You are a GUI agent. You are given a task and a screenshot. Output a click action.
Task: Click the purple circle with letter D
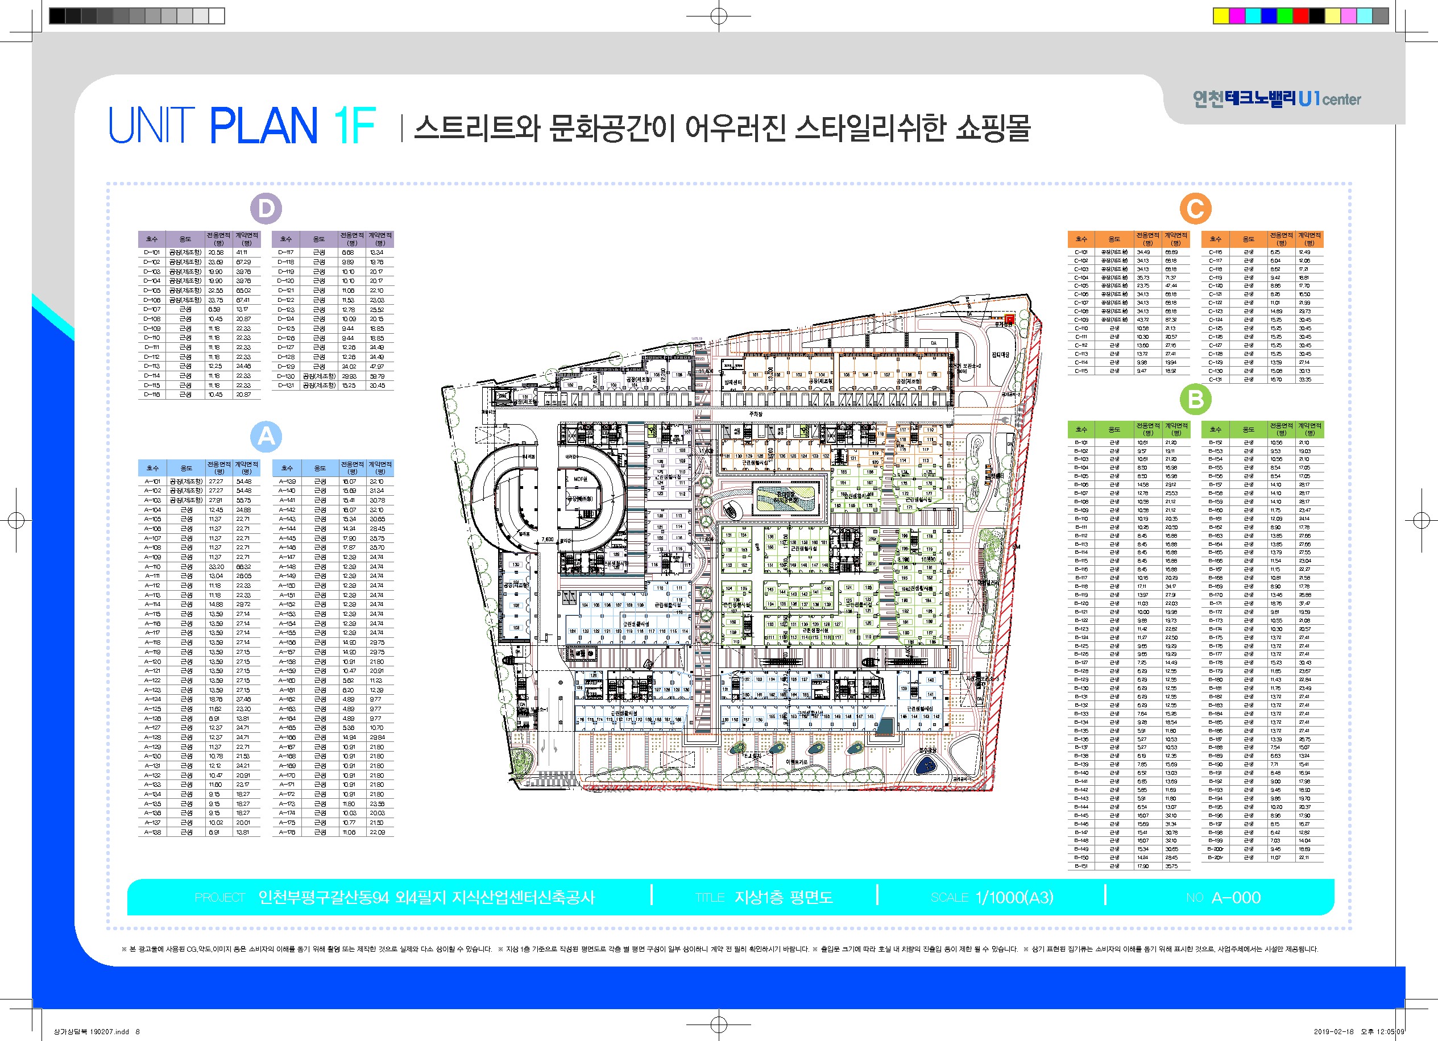pos(266,209)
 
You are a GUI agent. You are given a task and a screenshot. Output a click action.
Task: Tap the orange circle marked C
pos(1195,209)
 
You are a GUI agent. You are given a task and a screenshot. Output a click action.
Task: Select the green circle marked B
pos(1195,400)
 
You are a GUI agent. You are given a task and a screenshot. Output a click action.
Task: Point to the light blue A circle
pos(266,436)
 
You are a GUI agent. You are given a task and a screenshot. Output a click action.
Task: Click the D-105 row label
pos(152,291)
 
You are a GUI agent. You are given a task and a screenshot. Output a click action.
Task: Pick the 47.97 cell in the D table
pos(376,367)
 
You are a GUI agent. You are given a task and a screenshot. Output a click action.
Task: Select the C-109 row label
pos(1081,320)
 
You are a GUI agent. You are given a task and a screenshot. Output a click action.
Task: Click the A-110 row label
pos(152,567)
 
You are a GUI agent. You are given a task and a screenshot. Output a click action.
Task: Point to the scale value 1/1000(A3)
pos(1014,897)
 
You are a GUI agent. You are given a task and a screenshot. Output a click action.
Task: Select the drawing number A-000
pos(1236,897)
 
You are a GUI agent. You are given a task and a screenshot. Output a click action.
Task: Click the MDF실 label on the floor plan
pos(580,479)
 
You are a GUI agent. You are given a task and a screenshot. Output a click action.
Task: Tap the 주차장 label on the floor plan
pos(755,413)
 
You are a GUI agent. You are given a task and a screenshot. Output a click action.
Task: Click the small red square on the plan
pos(1010,318)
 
